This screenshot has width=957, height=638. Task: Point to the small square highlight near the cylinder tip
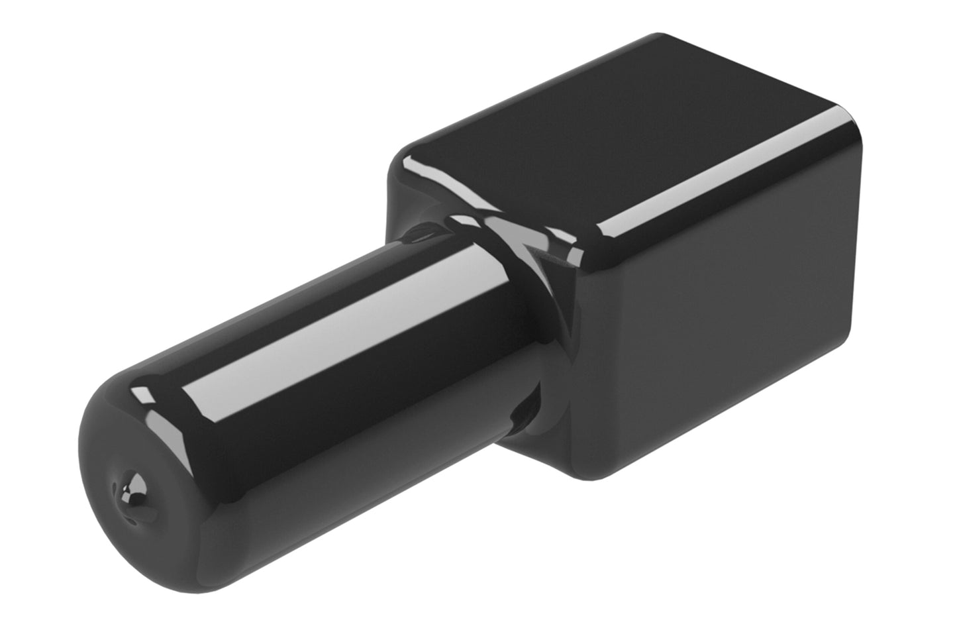tap(140, 396)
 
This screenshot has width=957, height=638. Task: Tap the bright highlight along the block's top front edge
tap(722, 179)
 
